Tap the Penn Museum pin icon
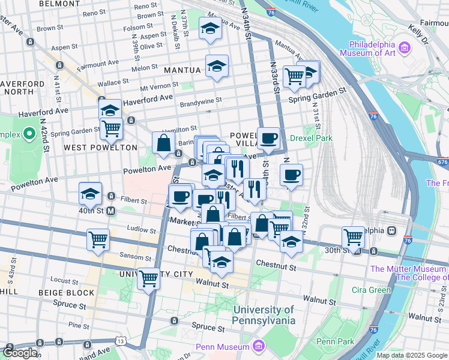point(259,346)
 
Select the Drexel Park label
point(311,137)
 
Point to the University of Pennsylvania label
point(264,315)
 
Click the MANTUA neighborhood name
point(182,70)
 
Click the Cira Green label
point(371,290)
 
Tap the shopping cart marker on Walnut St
point(148,278)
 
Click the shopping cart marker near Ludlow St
point(98,239)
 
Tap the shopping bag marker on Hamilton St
point(163,143)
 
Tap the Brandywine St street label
point(202,101)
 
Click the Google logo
point(20,353)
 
